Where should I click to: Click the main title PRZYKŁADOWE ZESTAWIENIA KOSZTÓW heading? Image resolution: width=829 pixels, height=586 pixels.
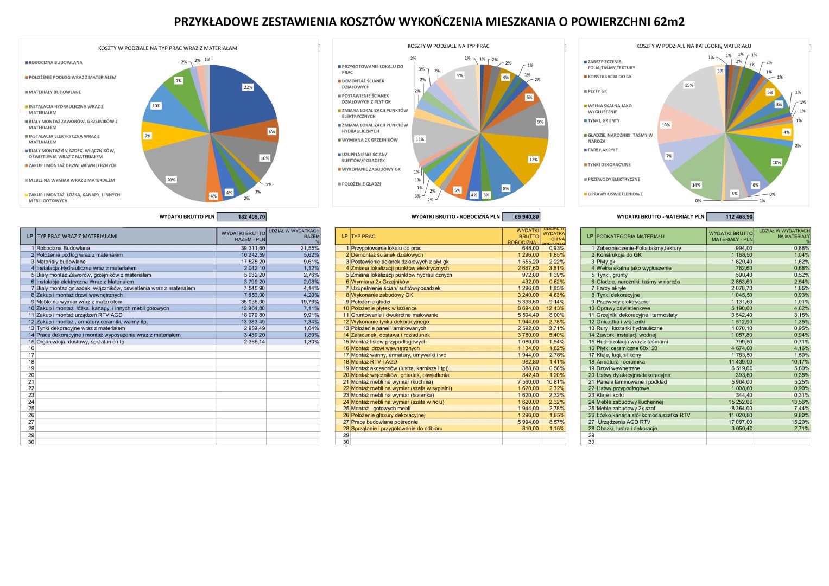point(429,22)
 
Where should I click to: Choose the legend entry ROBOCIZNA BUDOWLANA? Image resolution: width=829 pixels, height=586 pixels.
point(55,63)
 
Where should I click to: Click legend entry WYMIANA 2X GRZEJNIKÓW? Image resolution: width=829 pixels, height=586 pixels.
point(370,140)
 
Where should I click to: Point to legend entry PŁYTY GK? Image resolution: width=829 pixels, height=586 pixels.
point(597,91)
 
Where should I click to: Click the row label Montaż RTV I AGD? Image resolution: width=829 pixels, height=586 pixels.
point(374,362)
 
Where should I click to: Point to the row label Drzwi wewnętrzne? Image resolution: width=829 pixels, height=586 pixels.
point(618,368)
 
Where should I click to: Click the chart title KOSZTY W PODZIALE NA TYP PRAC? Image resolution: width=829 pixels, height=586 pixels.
point(448,46)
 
